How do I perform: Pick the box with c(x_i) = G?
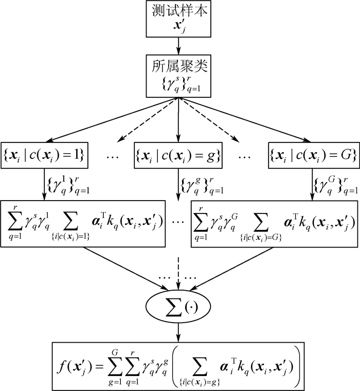click(x=313, y=153)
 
